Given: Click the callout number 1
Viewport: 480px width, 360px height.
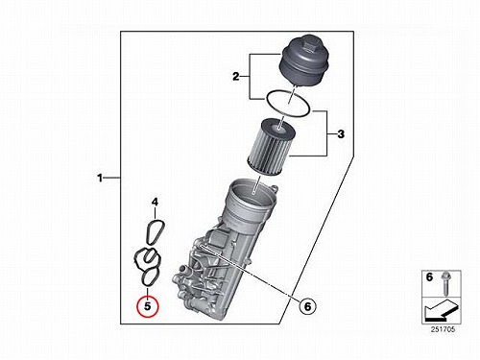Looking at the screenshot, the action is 100,178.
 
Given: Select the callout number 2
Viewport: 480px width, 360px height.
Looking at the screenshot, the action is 236,77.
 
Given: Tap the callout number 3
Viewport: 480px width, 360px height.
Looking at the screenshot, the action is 341,133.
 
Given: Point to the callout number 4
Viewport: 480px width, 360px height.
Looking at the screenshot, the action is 155,202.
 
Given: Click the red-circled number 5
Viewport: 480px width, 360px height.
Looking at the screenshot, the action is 147,306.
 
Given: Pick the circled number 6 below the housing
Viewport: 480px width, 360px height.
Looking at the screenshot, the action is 307,306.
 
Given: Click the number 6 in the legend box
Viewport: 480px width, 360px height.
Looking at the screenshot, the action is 429,277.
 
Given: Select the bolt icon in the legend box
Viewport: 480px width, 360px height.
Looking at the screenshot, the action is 444,283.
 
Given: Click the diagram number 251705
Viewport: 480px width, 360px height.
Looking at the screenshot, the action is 443,329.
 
